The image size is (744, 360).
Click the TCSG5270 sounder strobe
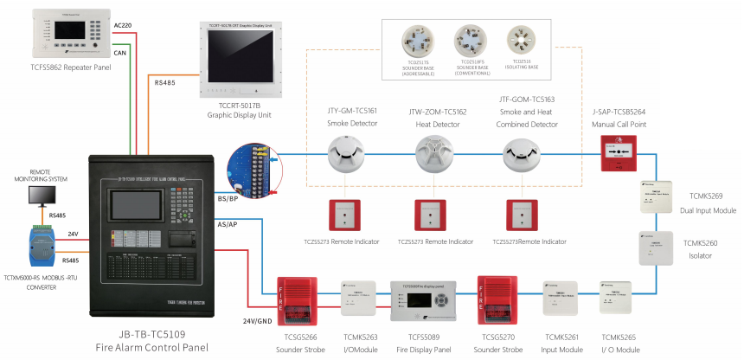(496, 300)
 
